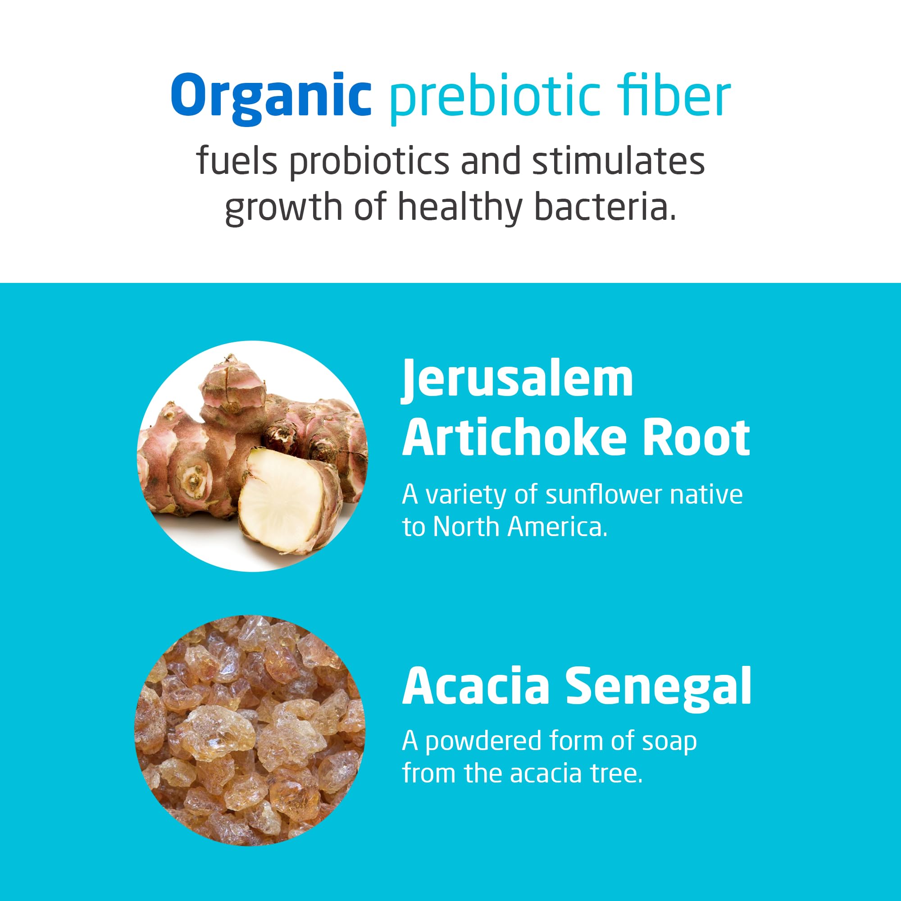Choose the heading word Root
point(696,437)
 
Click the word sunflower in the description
point(605,495)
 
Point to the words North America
point(520,527)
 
